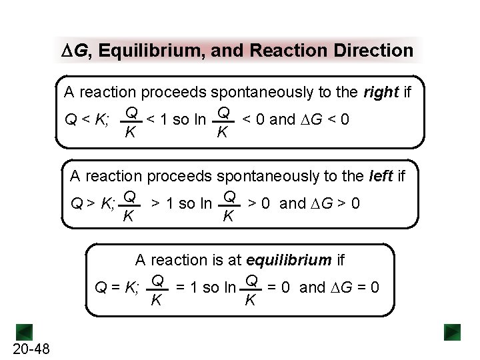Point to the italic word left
381,176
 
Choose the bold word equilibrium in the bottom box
289,260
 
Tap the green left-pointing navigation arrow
25,331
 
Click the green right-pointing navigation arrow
453,331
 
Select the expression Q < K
87,121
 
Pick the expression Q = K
117,288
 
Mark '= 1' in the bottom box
187,287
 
